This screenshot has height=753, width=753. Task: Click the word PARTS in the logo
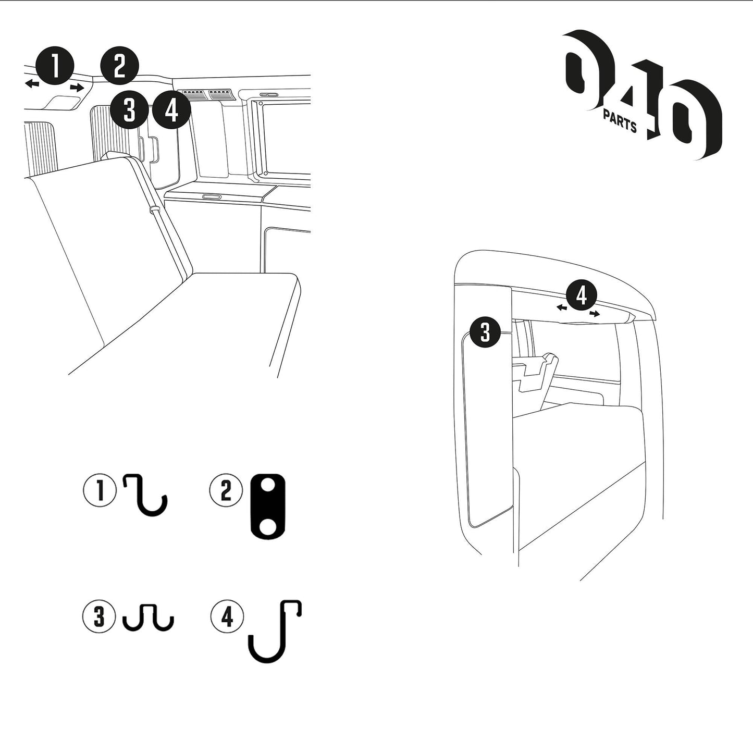(620, 120)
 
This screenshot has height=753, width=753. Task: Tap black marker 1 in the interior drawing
(55, 65)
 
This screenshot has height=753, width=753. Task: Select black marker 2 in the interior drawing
(119, 65)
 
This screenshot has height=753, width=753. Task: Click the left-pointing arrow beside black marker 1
(32, 83)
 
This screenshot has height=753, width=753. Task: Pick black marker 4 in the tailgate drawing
(582, 295)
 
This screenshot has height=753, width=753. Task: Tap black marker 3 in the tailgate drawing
(485, 332)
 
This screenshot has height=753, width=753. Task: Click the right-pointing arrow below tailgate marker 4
(595, 313)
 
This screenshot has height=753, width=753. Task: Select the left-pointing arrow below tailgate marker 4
(562, 308)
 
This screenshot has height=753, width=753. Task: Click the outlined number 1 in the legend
(100, 490)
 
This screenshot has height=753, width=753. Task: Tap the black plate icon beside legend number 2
(268, 507)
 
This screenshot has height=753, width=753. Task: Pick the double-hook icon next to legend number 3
(149, 617)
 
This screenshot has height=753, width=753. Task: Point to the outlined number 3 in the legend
(99, 617)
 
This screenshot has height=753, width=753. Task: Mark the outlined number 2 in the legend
(226, 491)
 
